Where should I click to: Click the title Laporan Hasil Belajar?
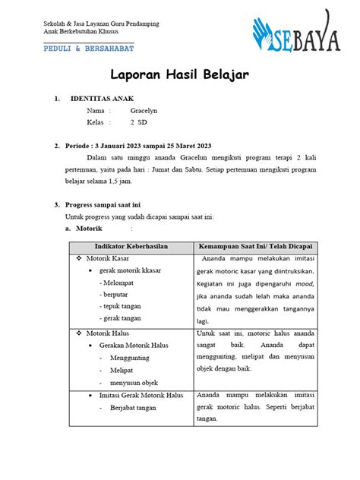[179, 74]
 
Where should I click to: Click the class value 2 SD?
[138, 122]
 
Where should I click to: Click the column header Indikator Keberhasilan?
[131, 248]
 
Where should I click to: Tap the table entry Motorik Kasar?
[109, 261]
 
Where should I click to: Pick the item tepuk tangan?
[122, 305]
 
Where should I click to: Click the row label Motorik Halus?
[109, 333]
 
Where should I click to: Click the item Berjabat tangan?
[133, 408]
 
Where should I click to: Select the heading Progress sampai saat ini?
[104, 205]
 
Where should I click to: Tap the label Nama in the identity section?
[95, 110]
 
